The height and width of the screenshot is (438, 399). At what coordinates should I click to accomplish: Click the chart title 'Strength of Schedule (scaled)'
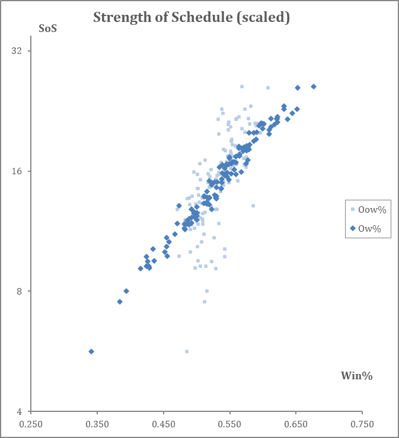(x=191, y=18)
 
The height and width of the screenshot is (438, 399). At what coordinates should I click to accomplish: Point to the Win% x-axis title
(x=356, y=375)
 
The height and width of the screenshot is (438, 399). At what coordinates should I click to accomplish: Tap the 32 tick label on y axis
(x=17, y=51)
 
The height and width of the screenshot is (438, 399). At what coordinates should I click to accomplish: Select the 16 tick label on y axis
(x=17, y=171)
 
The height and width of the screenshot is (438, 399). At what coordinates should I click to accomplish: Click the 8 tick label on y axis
(x=19, y=291)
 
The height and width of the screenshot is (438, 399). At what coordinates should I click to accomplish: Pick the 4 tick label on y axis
(x=19, y=411)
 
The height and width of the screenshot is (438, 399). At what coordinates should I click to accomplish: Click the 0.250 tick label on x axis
(x=31, y=424)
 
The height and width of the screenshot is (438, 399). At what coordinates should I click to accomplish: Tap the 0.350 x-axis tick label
(x=97, y=424)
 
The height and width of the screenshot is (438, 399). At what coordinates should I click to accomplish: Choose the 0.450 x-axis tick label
(x=164, y=424)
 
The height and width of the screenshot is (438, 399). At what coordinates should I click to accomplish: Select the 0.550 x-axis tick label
(x=229, y=424)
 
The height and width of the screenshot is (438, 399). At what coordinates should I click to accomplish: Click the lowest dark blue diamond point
(x=91, y=351)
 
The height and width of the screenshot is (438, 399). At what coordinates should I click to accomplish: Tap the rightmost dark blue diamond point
(x=314, y=87)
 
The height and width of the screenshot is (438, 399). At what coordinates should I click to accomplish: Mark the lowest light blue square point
(x=187, y=351)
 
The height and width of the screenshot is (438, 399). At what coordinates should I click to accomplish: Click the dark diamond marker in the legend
(x=353, y=228)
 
